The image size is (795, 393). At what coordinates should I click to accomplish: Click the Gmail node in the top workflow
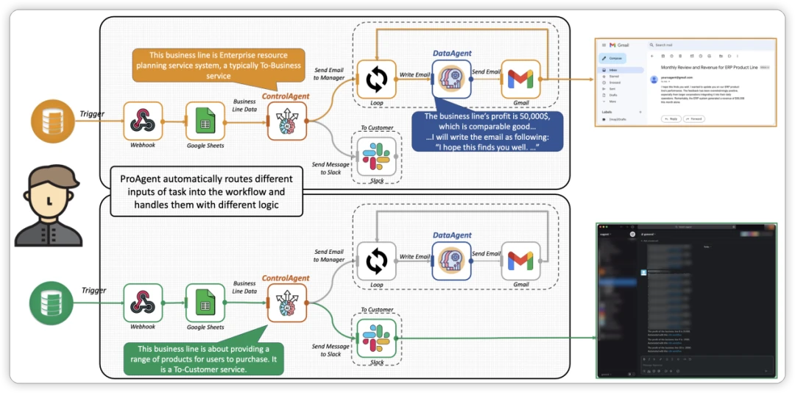[520, 79]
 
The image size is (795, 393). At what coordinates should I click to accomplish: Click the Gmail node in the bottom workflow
[520, 261]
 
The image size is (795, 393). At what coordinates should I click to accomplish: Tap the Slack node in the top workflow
[376, 155]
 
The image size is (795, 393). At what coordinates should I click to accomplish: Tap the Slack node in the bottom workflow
[376, 337]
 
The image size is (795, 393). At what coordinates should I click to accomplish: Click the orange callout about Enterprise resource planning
[218, 65]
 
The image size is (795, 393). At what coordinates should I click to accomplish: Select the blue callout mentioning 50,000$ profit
[487, 131]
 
